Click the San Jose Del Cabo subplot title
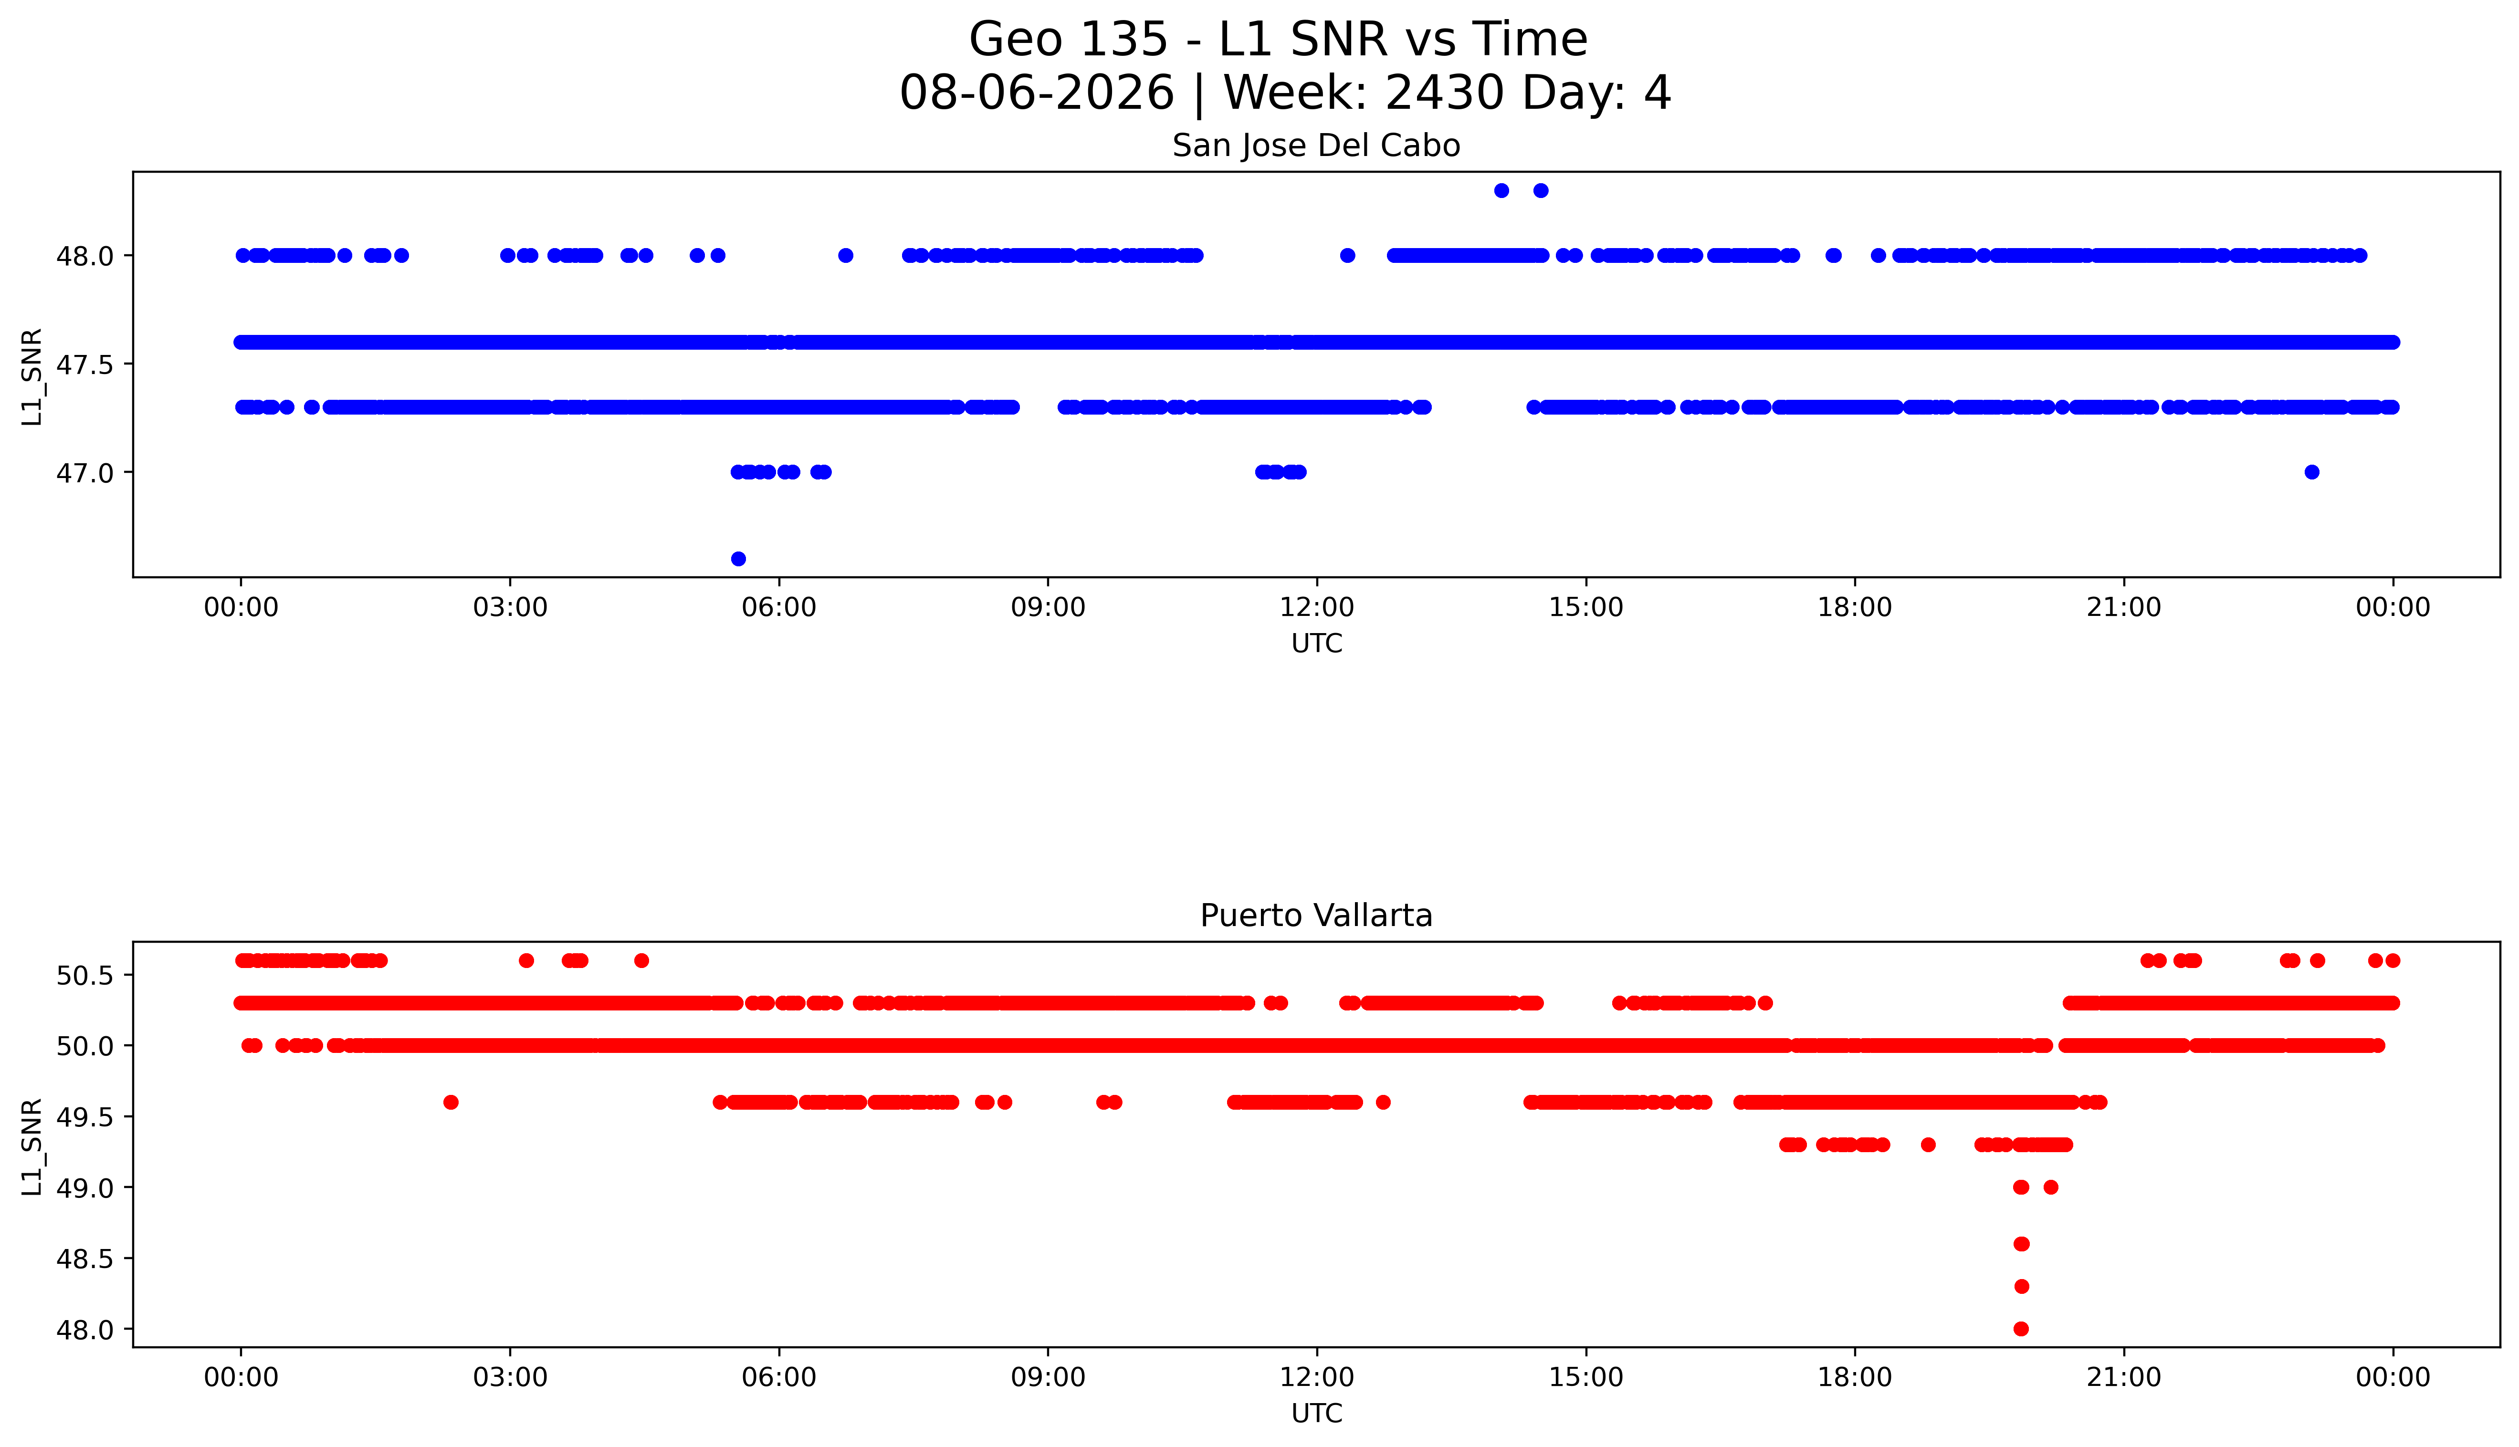point(1316,146)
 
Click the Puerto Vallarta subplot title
point(1316,916)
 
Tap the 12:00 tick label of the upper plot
point(1317,607)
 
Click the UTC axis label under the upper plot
point(1316,644)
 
